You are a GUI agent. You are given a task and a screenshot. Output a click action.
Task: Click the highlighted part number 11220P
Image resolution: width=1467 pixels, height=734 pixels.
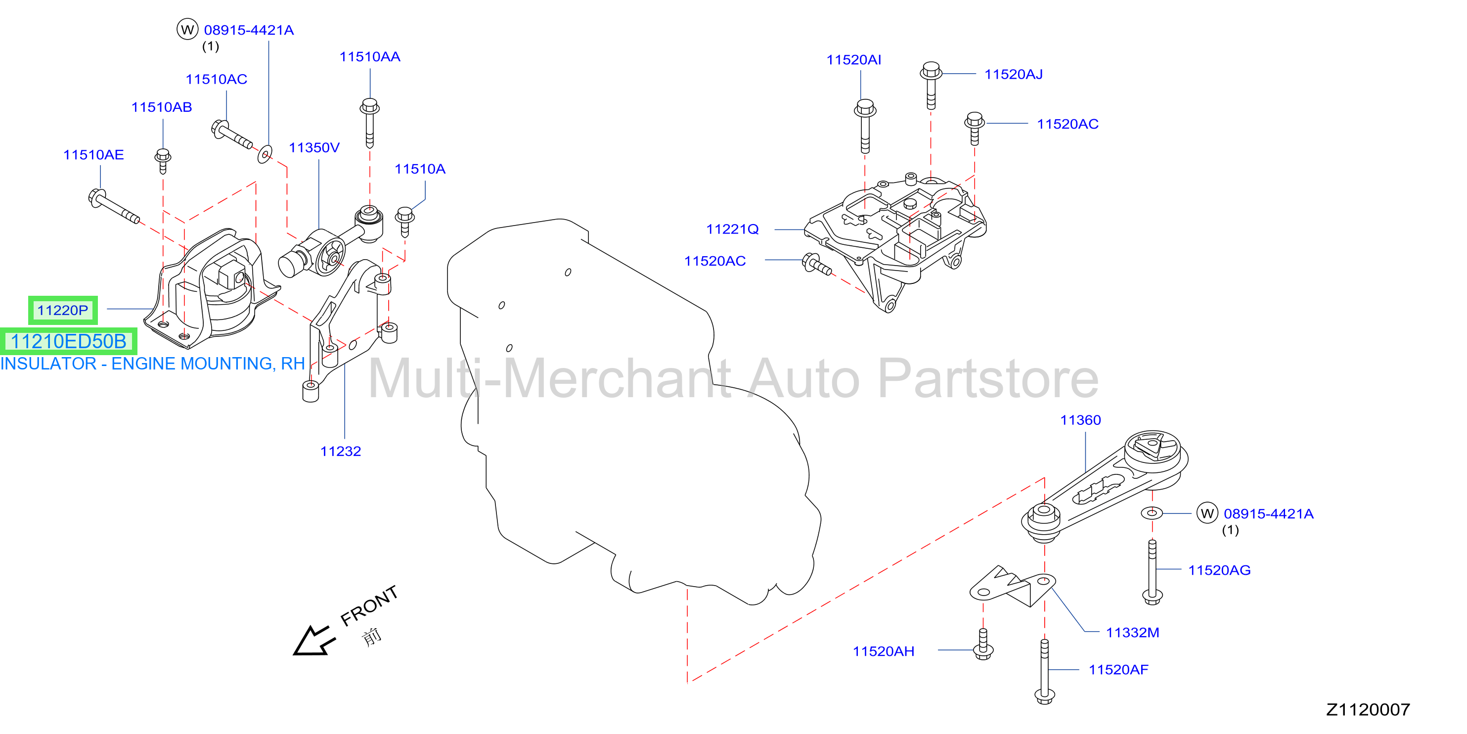[x=63, y=311]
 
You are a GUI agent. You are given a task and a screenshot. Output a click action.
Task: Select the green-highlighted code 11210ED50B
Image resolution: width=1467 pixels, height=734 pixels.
[x=68, y=341]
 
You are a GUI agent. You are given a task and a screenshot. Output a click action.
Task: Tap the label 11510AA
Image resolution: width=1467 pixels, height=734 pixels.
[x=370, y=56]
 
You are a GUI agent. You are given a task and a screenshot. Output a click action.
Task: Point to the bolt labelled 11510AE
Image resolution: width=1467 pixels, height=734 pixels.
[x=114, y=206]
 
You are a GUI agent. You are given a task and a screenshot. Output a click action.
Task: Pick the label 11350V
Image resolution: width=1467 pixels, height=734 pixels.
[x=314, y=147]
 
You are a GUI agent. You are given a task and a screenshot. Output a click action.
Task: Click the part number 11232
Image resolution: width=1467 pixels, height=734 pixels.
[x=341, y=452]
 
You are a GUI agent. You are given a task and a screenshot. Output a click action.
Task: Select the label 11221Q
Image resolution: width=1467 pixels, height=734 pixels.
[x=732, y=229]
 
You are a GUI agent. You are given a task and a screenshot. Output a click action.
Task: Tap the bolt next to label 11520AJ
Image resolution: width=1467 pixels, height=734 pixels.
[x=931, y=85]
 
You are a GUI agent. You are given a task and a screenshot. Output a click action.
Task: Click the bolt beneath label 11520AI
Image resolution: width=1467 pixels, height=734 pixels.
[x=865, y=126]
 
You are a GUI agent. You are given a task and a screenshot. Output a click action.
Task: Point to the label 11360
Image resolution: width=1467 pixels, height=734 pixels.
[x=1080, y=420]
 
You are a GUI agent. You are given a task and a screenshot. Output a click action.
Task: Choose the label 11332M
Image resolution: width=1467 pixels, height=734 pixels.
[x=1132, y=633]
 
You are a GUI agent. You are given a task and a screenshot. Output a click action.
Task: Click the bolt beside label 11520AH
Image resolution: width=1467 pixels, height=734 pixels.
[x=983, y=644]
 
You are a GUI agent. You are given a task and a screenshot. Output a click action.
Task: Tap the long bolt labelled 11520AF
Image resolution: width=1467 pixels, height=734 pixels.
[x=1044, y=671]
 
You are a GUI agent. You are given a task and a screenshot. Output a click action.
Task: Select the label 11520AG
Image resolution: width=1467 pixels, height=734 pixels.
[x=1219, y=570]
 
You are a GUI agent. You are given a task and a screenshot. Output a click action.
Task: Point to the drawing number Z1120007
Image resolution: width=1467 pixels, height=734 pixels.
[x=1368, y=709]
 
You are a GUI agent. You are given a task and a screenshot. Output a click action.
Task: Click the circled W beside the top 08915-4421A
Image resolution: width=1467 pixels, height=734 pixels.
[x=187, y=29]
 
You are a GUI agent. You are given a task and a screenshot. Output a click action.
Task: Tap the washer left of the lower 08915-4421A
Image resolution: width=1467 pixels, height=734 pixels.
[x=1152, y=513]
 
